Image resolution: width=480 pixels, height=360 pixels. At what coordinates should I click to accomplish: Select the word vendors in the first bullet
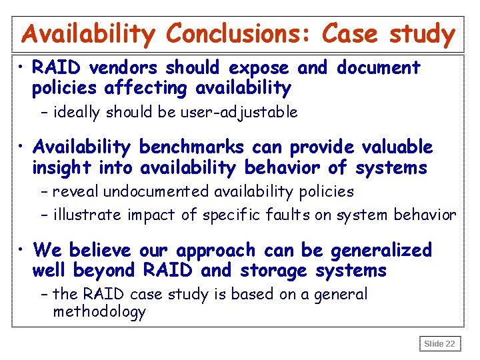(123, 68)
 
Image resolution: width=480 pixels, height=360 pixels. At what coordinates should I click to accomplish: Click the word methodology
(99, 312)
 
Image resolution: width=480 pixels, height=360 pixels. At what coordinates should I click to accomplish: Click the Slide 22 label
(440, 344)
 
